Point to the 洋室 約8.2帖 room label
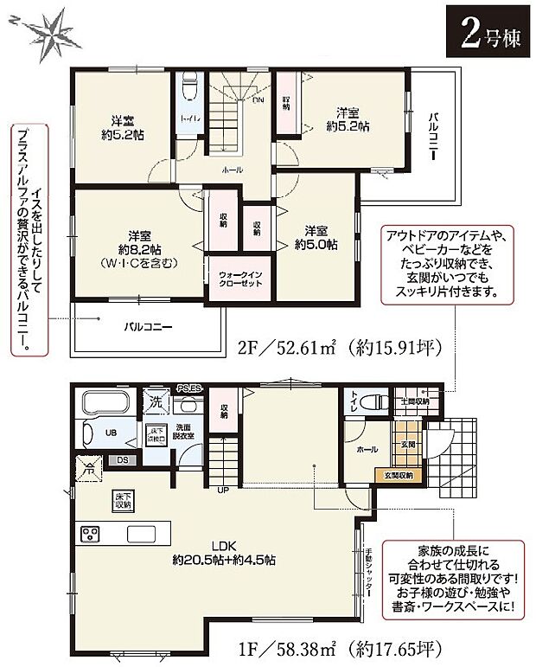(140, 247)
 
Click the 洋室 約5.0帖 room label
(316, 237)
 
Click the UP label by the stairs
(223, 491)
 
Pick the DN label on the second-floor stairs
(258, 100)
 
